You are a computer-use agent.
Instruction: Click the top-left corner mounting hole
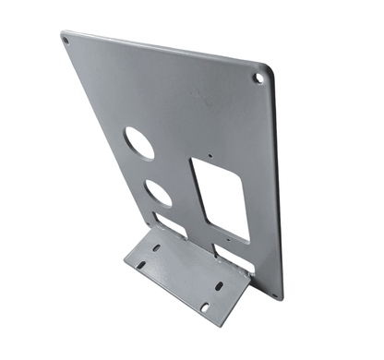pyautogui.click(x=67, y=41)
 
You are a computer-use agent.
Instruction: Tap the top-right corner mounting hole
pyautogui.click(x=258, y=78)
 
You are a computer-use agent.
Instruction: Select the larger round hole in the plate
pyautogui.click(x=139, y=143)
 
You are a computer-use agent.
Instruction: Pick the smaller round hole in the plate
pyautogui.click(x=159, y=192)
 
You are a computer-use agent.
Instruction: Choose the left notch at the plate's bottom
pyautogui.click(x=170, y=224)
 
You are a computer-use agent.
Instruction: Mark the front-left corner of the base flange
pyautogui.click(x=126, y=270)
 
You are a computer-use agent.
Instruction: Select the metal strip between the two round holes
pyautogui.click(x=150, y=169)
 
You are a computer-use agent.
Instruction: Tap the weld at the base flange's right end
pyautogui.click(x=247, y=284)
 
